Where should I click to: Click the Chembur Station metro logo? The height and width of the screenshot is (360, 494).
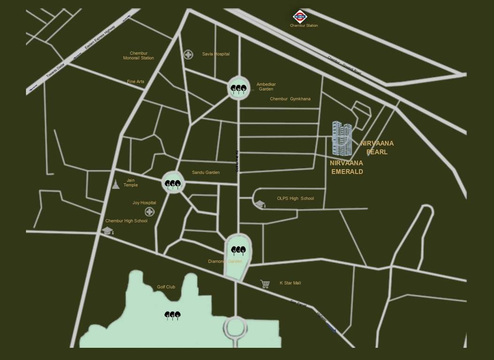[x=300, y=17]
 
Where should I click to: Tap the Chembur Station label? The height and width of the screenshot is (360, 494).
[x=304, y=26]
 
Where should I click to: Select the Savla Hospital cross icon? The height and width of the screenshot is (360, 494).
[x=188, y=54]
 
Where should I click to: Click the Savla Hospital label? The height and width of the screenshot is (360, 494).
[x=216, y=54]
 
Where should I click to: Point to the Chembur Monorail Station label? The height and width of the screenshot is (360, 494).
[x=138, y=56]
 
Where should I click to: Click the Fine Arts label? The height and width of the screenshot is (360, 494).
[x=136, y=82]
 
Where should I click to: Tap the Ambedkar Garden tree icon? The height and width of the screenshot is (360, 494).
[x=238, y=88]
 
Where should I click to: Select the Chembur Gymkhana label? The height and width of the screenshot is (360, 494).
[x=290, y=99]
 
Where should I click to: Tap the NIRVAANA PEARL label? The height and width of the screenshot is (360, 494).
[x=377, y=148]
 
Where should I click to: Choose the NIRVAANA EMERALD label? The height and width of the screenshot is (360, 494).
[x=347, y=167]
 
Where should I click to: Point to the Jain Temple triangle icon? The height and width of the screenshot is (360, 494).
[x=116, y=184]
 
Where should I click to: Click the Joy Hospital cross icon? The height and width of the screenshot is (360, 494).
[x=150, y=212]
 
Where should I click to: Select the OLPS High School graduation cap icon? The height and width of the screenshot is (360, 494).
[x=260, y=204]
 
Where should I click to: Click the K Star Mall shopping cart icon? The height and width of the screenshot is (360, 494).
[x=265, y=284]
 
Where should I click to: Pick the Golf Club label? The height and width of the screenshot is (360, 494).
[x=166, y=287]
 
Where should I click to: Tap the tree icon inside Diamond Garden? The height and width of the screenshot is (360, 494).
[x=238, y=251]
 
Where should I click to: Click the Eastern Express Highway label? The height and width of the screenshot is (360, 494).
[x=99, y=38]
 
